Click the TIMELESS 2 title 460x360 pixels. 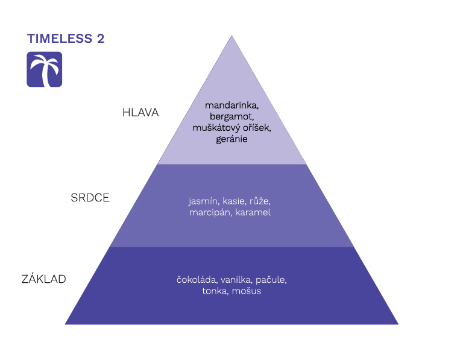[x=66, y=39]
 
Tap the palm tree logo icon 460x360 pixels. [x=44, y=69]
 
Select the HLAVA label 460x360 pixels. [x=140, y=113]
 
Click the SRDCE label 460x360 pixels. [x=90, y=198]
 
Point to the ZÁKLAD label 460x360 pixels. [x=43, y=279]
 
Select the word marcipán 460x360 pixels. [x=210, y=212]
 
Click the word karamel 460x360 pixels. [x=253, y=212]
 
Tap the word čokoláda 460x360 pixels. [x=197, y=280]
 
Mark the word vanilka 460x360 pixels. [x=236, y=280]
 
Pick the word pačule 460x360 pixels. [x=271, y=280]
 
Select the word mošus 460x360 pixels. [x=249, y=291]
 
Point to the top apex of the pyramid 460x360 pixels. [x=232, y=36]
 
